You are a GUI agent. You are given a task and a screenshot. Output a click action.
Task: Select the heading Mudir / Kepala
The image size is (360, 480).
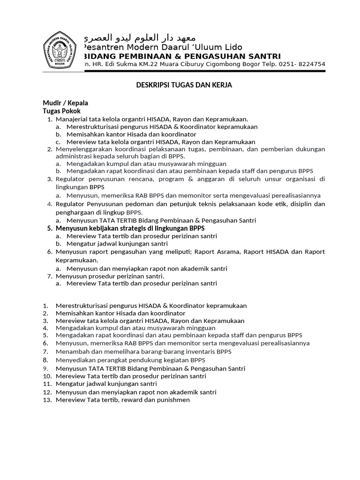(x=66, y=103)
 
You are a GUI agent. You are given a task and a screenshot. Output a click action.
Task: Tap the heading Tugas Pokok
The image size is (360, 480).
(x=62, y=111)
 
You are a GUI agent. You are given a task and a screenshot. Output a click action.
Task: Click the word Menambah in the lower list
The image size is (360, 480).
(x=70, y=352)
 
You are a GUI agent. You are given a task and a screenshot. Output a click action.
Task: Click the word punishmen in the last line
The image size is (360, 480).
(x=173, y=400)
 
